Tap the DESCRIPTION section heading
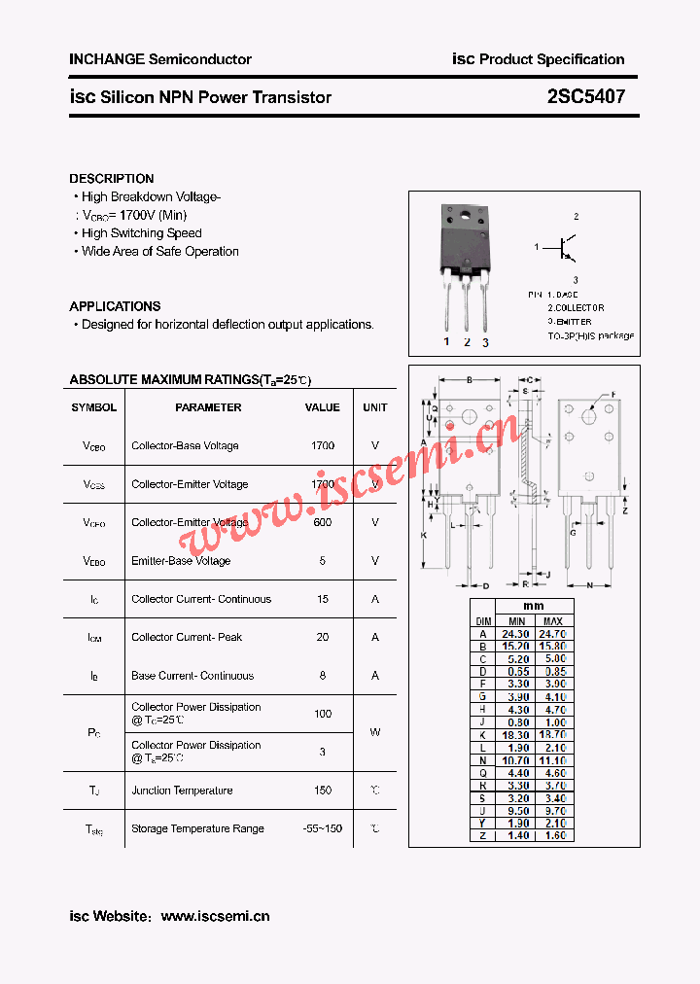(112, 179)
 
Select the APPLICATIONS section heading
(115, 306)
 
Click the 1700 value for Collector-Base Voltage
(323, 446)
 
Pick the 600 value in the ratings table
(323, 522)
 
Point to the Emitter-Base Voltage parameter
(181, 561)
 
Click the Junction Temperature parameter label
(182, 791)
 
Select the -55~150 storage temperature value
(323, 828)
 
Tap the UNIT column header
(375, 407)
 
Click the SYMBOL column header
(94, 407)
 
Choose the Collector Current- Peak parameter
(187, 637)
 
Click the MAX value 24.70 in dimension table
(552, 633)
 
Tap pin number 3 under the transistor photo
(485, 342)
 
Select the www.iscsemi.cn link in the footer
(215, 916)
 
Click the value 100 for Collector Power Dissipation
(323, 714)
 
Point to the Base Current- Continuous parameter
(192, 676)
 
